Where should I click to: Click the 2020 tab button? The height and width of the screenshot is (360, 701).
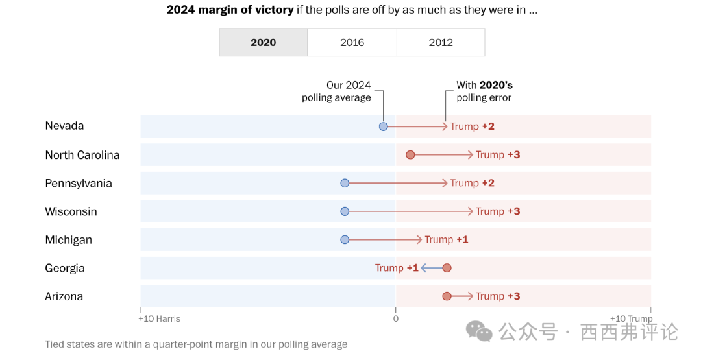(x=263, y=42)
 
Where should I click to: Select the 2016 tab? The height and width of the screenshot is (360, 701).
(x=352, y=42)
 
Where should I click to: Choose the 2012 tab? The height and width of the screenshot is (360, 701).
(x=441, y=42)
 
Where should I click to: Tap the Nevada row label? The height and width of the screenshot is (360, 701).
(x=64, y=126)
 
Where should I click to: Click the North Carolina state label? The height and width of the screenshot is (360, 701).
(x=82, y=155)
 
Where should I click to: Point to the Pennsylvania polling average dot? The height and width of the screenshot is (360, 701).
(x=345, y=184)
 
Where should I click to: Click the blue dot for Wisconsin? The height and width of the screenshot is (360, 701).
(x=345, y=211)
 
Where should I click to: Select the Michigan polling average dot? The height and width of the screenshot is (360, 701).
(x=345, y=240)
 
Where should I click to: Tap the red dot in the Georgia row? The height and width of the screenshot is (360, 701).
(x=447, y=268)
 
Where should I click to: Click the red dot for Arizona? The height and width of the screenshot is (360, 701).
(x=447, y=296)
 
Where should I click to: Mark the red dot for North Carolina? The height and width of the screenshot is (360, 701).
(x=410, y=155)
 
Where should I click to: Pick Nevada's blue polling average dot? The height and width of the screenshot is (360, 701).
(x=383, y=126)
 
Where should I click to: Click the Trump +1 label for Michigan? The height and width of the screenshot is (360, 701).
(x=446, y=240)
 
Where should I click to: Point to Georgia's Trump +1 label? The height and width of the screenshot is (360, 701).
(x=397, y=268)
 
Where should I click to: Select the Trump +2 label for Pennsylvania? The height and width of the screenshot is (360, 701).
(x=472, y=184)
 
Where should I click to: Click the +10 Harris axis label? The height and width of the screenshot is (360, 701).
(x=159, y=319)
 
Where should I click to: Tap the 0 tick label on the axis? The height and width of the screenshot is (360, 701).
(x=395, y=319)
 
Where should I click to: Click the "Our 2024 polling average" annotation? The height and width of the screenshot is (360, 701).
(x=336, y=91)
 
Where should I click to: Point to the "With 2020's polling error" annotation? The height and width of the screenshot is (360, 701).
(x=484, y=91)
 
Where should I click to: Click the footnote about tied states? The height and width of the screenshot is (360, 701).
(x=196, y=344)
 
